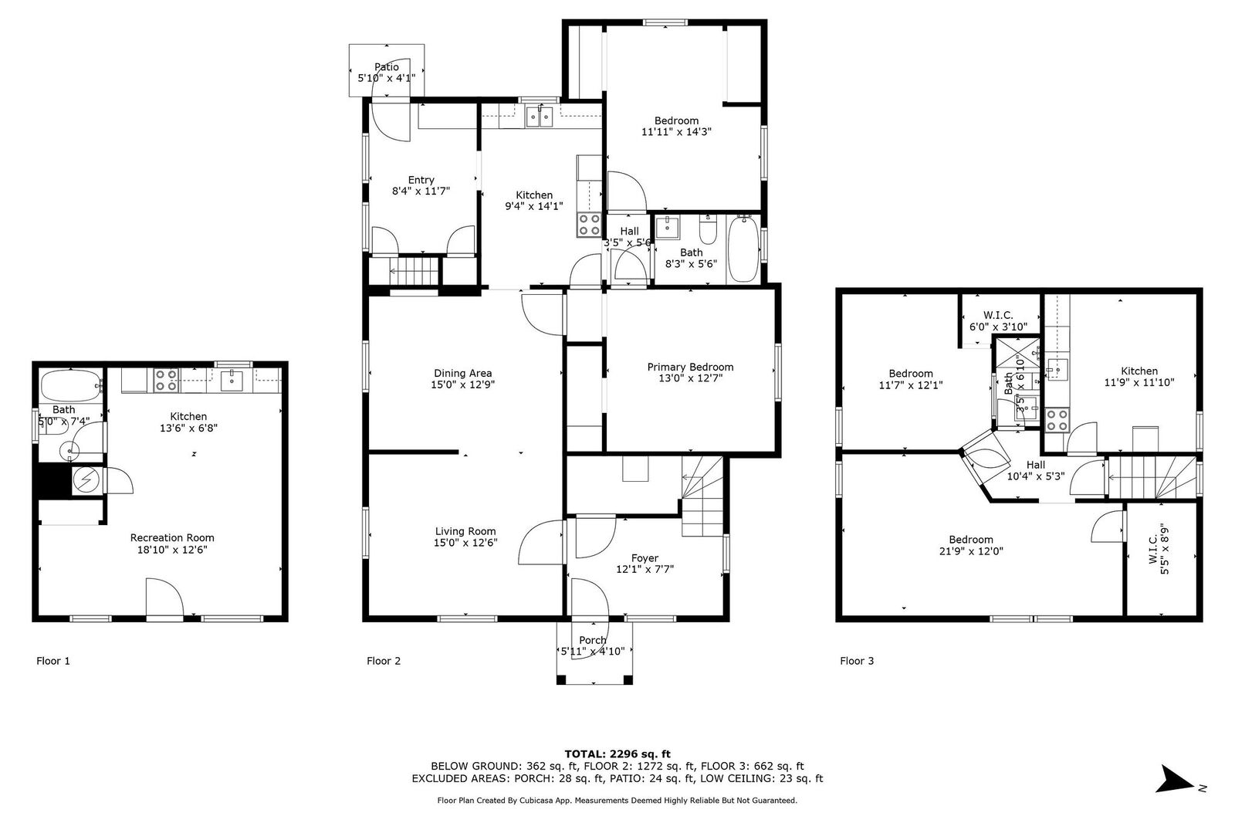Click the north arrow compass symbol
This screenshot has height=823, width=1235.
[x=1177, y=780]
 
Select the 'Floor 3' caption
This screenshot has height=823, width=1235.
[x=857, y=661]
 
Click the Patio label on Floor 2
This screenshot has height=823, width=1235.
[x=387, y=67]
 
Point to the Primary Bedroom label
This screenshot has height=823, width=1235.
[x=690, y=367]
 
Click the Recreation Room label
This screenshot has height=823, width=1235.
[x=172, y=538]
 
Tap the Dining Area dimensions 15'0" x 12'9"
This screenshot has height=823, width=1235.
[x=462, y=384]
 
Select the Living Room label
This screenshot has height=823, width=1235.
[x=465, y=531]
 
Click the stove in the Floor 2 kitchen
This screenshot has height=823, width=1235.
[x=590, y=225]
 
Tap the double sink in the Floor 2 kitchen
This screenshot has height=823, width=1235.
[x=540, y=117]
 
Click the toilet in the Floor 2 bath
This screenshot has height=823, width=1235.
[x=708, y=230]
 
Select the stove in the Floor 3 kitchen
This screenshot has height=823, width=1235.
[x=1057, y=421]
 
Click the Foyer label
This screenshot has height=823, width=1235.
[x=645, y=558]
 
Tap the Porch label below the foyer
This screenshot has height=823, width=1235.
[x=592, y=640]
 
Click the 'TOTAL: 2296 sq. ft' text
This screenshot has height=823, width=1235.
[x=617, y=754]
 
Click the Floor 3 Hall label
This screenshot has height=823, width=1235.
[x=1036, y=465]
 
